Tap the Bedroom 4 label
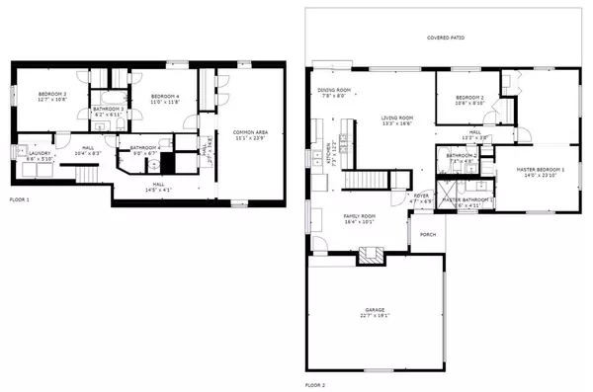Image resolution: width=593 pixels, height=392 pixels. click(x=164, y=96)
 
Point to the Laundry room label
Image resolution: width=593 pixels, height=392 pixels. click(x=39, y=153)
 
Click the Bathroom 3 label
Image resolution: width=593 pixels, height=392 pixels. click(x=108, y=109)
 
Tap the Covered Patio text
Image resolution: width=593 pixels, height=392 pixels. click(x=445, y=38)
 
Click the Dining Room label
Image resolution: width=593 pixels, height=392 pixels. click(x=332, y=91)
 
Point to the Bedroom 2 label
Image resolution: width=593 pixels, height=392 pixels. click(x=468, y=97)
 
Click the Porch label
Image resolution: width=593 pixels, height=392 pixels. click(x=428, y=235)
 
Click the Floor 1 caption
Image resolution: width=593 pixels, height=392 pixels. click(x=20, y=200)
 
